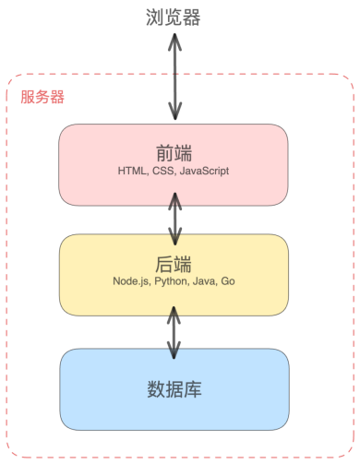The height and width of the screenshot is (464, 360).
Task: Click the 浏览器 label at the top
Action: (x=173, y=18)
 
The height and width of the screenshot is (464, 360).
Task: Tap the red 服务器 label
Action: (x=42, y=96)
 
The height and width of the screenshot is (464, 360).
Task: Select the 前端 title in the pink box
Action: (x=173, y=151)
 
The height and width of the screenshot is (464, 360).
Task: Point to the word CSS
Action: (x=168, y=172)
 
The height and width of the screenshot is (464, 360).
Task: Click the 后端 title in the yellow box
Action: (x=173, y=261)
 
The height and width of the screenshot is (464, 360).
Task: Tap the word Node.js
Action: (x=133, y=280)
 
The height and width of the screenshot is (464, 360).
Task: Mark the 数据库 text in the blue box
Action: (x=174, y=388)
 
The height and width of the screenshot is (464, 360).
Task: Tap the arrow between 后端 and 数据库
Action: (x=173, y=329)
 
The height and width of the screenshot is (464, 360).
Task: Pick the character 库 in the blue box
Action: (x=193, y=388)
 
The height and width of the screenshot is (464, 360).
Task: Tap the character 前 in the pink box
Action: (x=162, y=151)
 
